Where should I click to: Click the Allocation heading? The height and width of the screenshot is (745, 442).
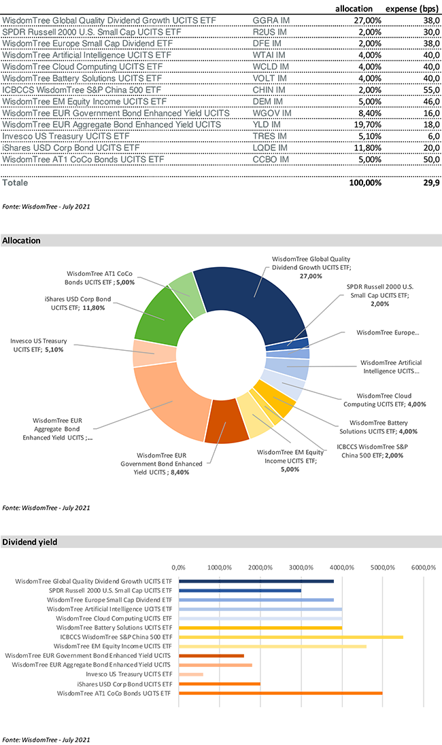tap(21, 241)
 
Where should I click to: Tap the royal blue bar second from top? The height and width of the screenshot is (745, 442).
tap(238, 590)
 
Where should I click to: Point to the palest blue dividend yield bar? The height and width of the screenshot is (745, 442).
tap(258, 609)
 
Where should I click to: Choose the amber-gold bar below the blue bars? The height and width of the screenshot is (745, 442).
tap(258, 627)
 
